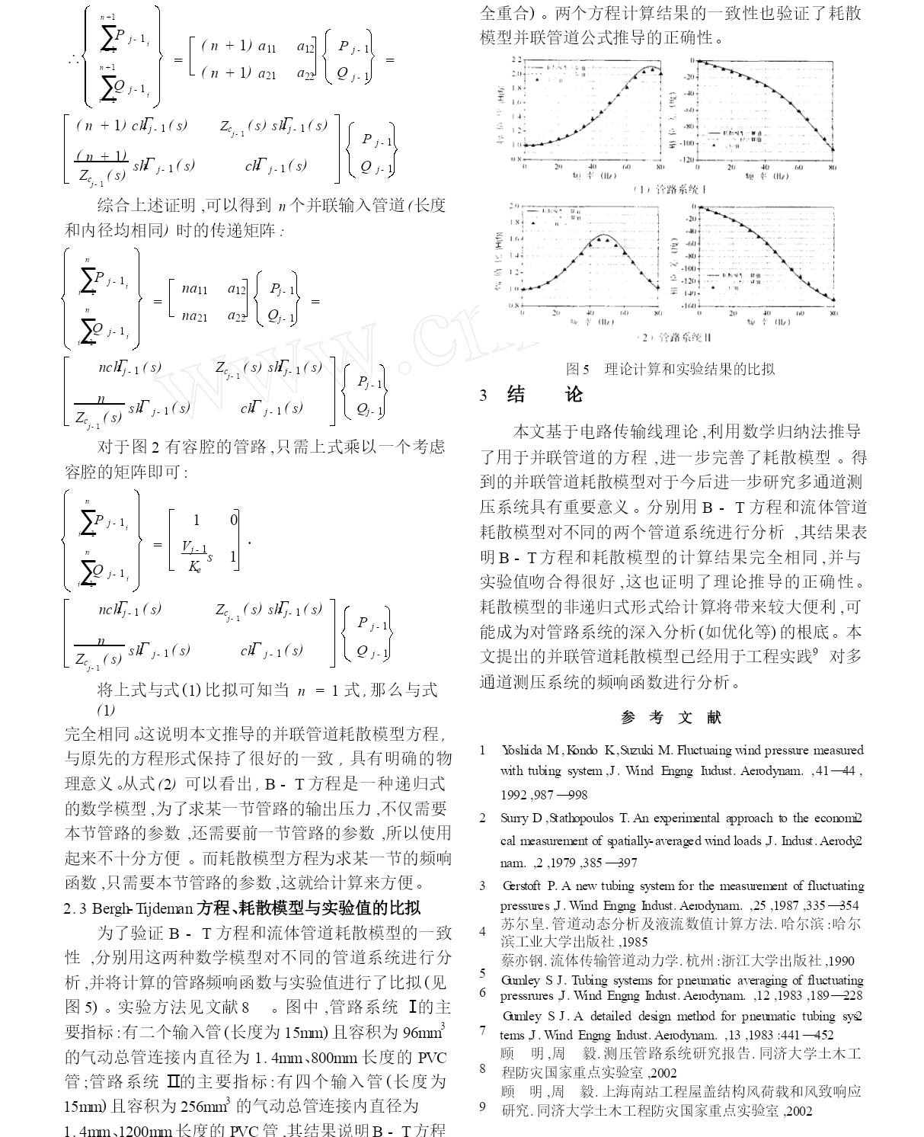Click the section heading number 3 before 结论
pyautogui.click(x=483, y=396)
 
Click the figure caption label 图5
pyautogui.click(x=577, y=370)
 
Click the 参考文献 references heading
pyautogui.click(x=671, y=717)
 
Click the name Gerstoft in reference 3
pyautogui.click(x=523, y=886)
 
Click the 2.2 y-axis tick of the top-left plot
pyautogui.click(x=516, y=59)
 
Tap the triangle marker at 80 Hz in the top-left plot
pyautogui.click(x=660, y=73)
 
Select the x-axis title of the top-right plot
pyautogui.click(x=766, y=177)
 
